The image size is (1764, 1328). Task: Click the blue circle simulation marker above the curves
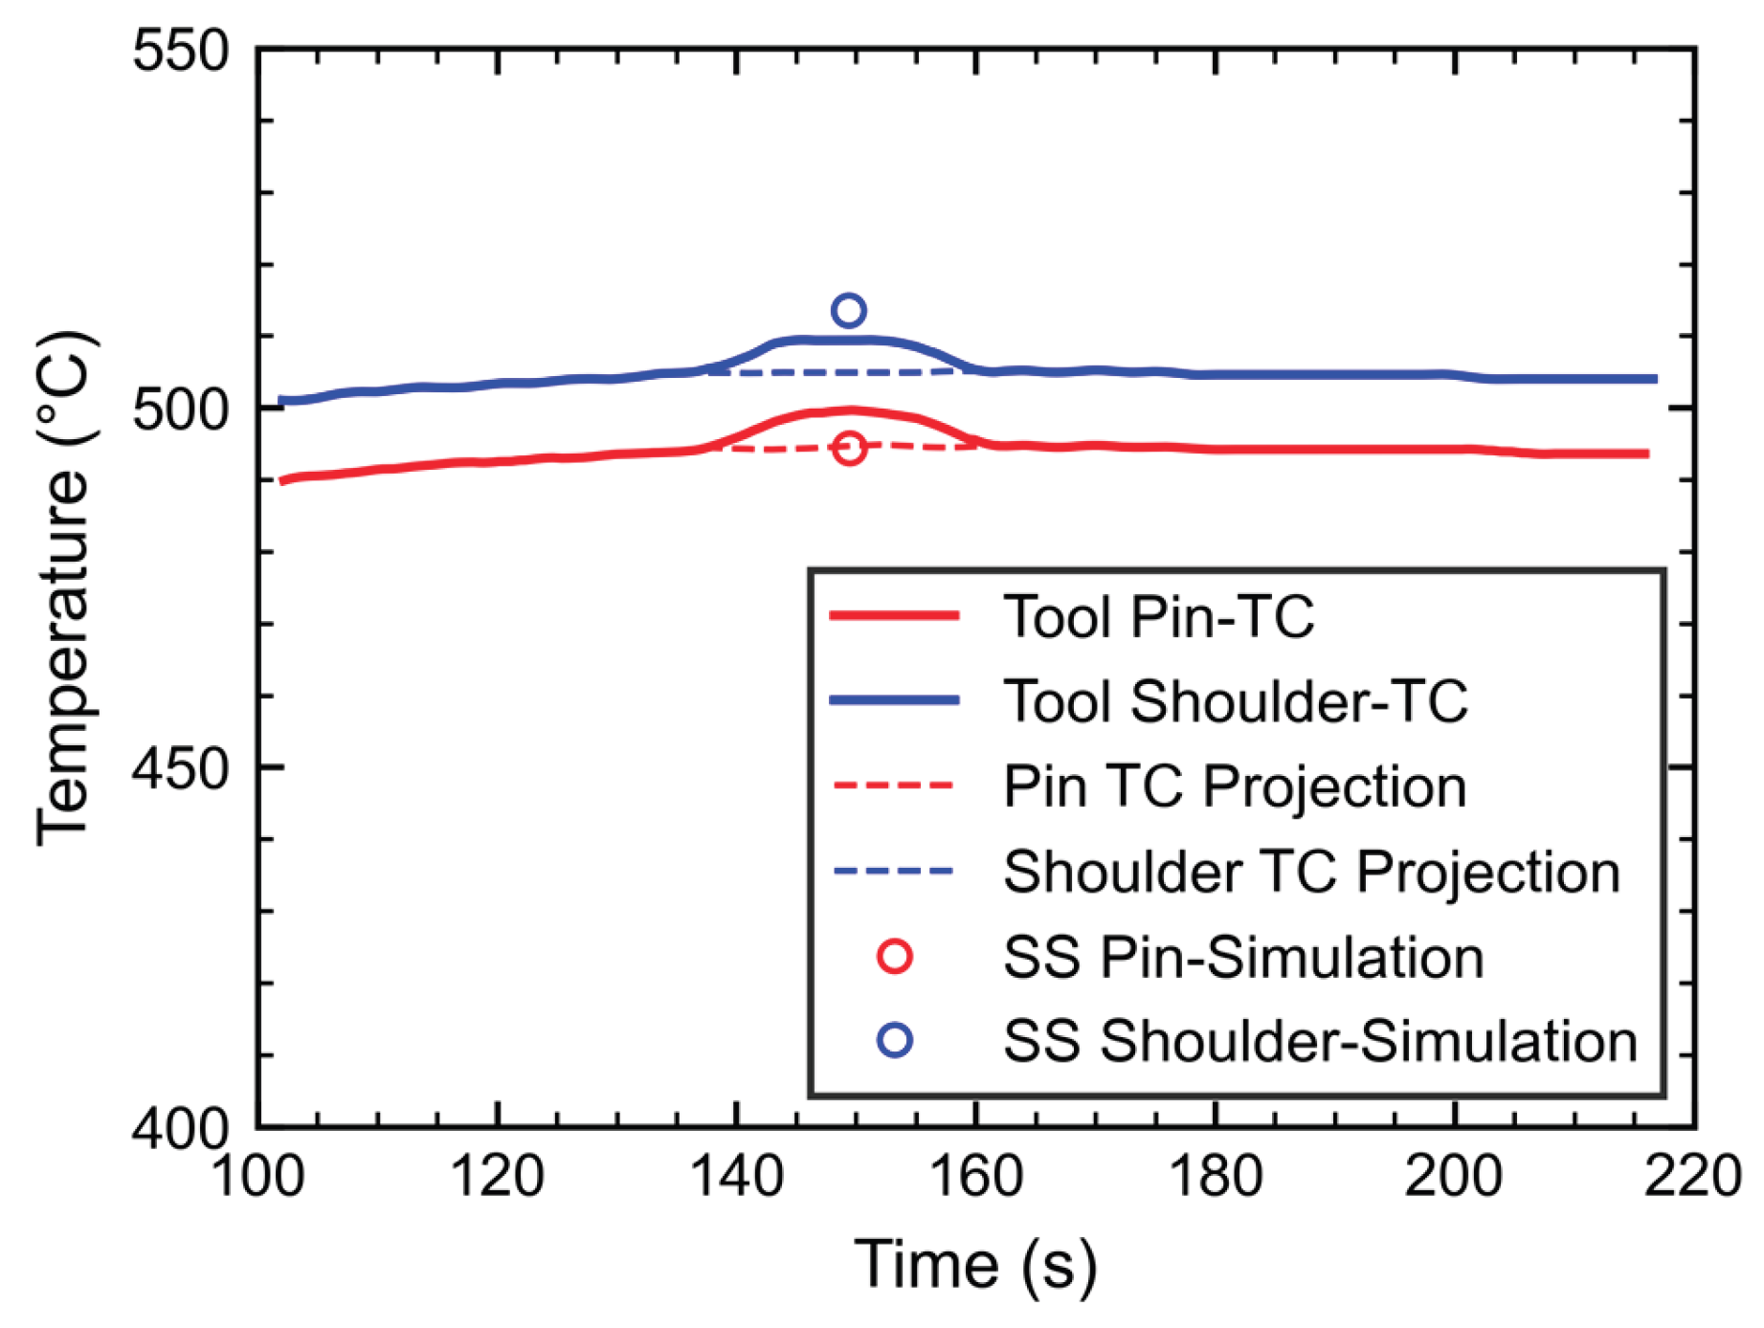click(x=849, y=298)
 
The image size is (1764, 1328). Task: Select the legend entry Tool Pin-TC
click(x=1159, y=616)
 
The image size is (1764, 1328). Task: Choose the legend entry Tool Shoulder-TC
click(x=1236, y=701)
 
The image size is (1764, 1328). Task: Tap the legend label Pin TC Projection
click(x=1235, y=786)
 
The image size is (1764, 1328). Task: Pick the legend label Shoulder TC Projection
click(x=1311, y=872)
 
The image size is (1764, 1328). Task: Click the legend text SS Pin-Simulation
click(x=1243, y=957)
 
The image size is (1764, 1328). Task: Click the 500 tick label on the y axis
click(x=182, y=409)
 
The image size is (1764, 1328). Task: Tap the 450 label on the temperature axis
click(x=182, y=768)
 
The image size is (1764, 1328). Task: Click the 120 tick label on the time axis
click(x=497, y=1176)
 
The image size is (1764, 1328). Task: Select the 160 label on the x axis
click(x=975, y=1176)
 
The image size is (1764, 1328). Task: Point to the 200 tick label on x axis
click(x=1454, y=1176)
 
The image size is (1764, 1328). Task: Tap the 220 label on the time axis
click(x=1693, y=1176)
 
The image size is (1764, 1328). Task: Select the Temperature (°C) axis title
click(x=65, y=587)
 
